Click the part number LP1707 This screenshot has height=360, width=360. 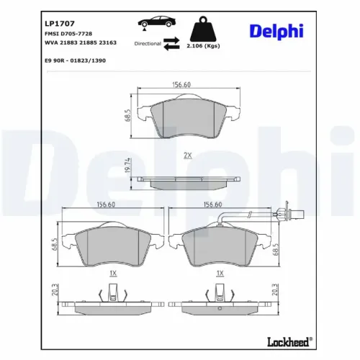click(60, 24)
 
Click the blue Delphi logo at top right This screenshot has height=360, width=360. click(276, 32)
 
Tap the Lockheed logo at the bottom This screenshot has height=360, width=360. click(290, 342)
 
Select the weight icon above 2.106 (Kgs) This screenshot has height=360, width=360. click(203, 29)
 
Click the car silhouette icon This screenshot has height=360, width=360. click(156, 22)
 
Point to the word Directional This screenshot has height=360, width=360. click(148, 44)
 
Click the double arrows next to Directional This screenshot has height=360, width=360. click(171, 43)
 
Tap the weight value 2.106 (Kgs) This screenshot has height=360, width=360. click(203, 46)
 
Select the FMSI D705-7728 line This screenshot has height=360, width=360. click(68, 34)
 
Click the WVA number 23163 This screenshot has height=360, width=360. click(107, 42)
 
